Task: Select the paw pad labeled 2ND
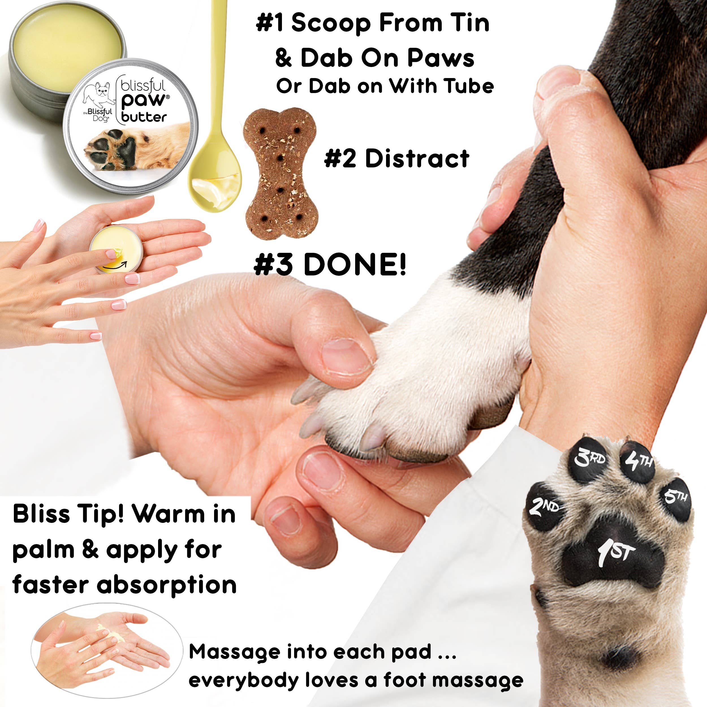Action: [x=544, y=507]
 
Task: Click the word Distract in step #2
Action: [x=417, y=159]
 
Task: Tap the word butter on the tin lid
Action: [x=144, y=117]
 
